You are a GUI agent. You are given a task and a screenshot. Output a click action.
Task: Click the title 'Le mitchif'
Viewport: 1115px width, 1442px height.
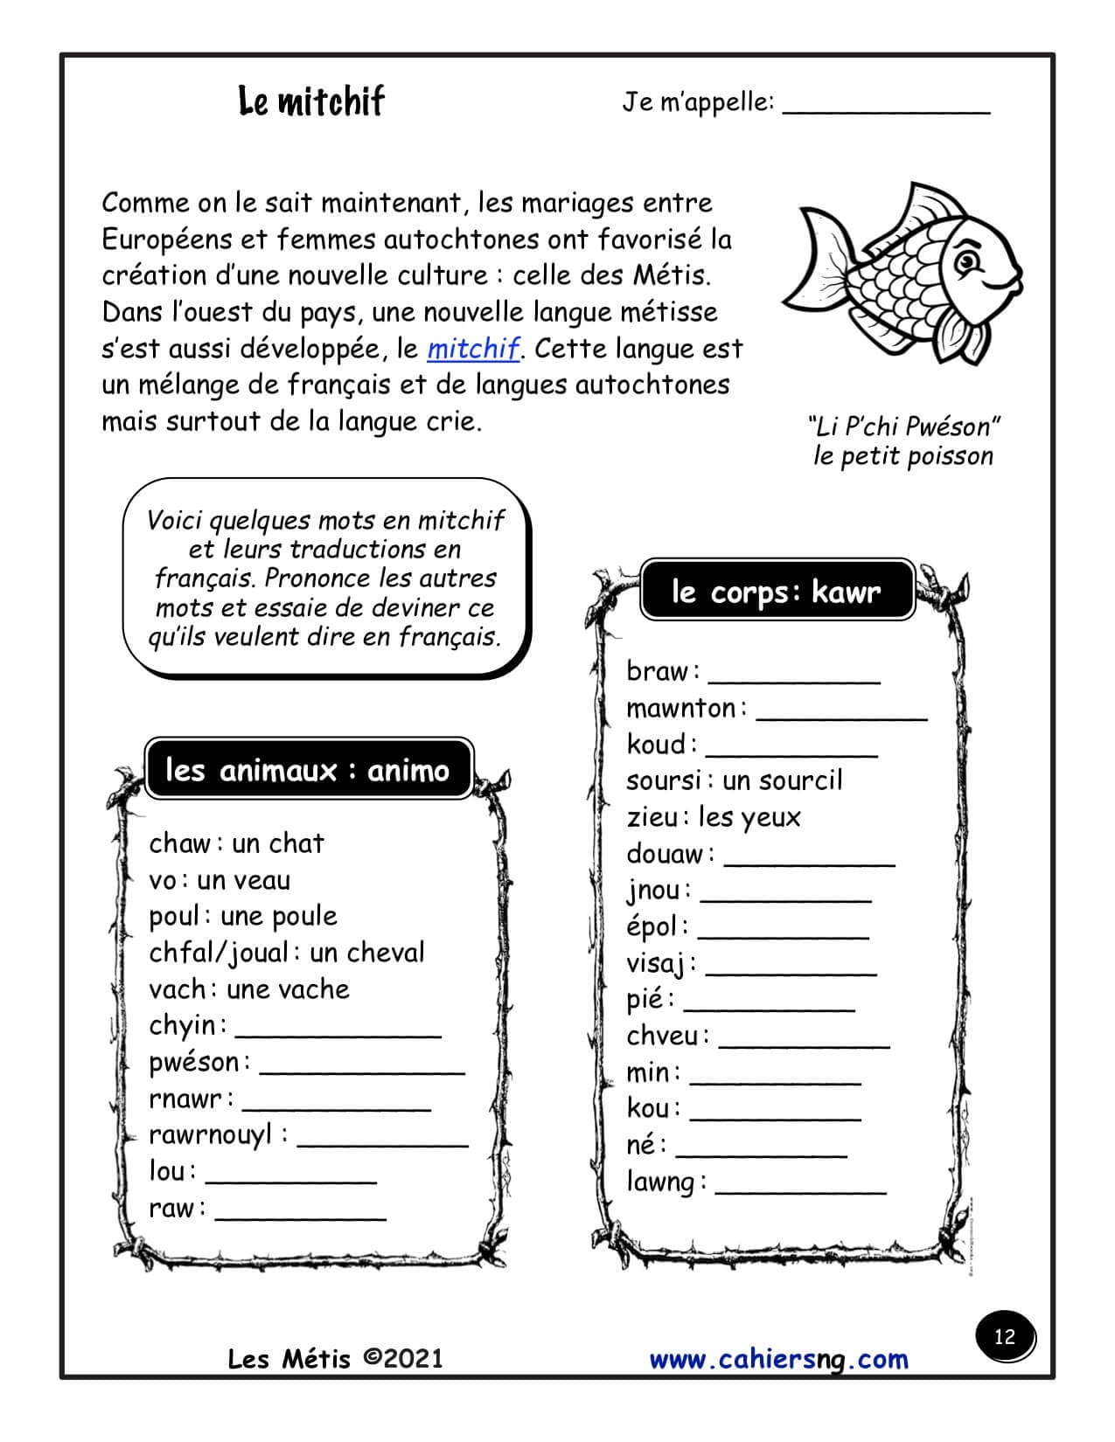coord(310,101)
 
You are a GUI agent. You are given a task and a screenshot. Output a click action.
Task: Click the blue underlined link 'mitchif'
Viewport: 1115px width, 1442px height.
coord(473,349)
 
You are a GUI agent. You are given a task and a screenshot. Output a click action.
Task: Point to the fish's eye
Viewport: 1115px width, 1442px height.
coord(967,259)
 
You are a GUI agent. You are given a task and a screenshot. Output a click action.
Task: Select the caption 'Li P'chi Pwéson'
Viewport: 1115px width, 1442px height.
coord(903,426)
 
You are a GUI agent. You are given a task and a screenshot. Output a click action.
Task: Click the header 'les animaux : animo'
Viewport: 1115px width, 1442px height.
coord(308,770)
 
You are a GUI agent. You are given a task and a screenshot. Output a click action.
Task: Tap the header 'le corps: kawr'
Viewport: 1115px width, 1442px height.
coord(777,592)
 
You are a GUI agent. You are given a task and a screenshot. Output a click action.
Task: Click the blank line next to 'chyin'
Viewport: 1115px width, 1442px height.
coord(338,1034)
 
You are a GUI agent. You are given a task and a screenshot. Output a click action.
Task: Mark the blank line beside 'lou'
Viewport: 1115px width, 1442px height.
coord(290,1180)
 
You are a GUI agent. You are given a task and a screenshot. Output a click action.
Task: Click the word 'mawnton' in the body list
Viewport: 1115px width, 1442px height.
coord(681,708)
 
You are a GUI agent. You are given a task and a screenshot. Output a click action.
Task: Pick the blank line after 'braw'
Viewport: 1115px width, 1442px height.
coord(793,680)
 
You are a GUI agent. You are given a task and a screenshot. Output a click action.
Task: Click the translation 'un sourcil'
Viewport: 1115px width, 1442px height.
coord(782,780)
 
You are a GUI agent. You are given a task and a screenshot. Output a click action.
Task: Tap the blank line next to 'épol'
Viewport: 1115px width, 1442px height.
coord(783,935)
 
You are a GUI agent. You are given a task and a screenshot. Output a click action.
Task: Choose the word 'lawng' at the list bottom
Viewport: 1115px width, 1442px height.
coord(660,1182)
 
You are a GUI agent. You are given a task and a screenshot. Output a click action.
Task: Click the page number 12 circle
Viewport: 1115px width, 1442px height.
coord(1004,1336)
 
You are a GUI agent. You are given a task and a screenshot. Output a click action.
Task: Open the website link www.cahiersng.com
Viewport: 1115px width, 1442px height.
coord(778,1359)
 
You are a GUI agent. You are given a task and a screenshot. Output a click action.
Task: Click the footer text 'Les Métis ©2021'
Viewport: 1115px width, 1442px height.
coord(336,1359)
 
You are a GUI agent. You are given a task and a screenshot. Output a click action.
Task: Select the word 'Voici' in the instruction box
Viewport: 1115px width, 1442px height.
coord(175,521)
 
